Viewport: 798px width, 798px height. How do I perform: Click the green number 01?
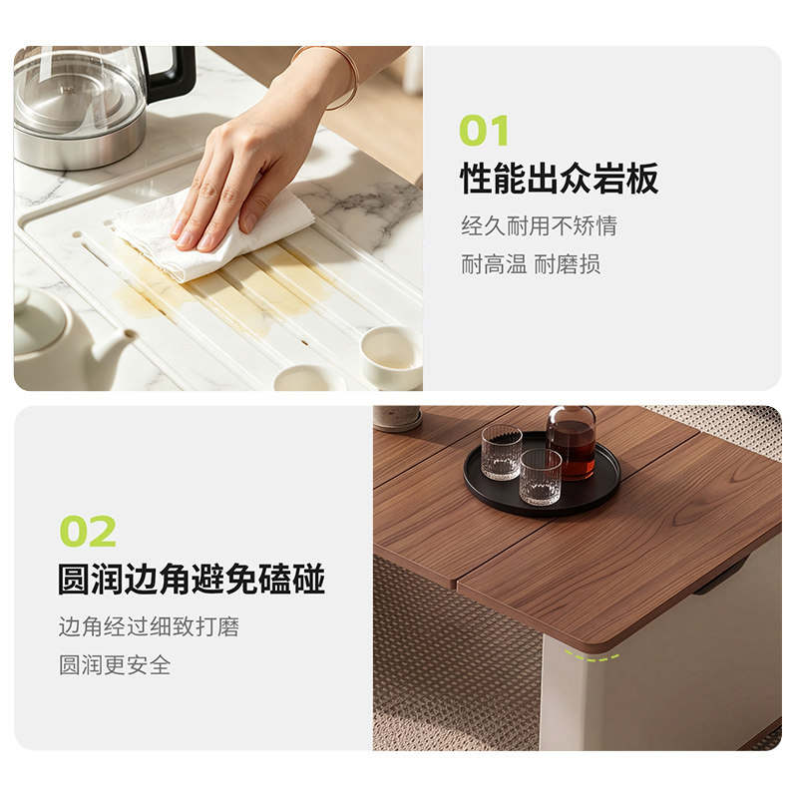(x=484, y=131)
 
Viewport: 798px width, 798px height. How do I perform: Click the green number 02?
(x=88, y=531)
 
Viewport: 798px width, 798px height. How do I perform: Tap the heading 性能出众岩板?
(x=559, y=179)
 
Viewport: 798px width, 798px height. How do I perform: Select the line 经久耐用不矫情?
(x=539, y=225)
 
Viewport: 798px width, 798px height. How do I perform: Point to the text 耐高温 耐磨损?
(x=531, y=264)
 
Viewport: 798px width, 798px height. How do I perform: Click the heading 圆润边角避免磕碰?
(x=191, y=579)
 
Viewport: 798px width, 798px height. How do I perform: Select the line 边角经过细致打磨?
(x=149, y=626)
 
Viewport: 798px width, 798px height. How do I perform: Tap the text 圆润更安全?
(x=115, y=665)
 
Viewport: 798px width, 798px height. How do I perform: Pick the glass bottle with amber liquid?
(x=571, y=444)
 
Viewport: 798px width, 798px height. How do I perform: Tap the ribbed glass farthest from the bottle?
(x=502, y=453)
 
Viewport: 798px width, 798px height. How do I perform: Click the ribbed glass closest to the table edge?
(x=540, y=477)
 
